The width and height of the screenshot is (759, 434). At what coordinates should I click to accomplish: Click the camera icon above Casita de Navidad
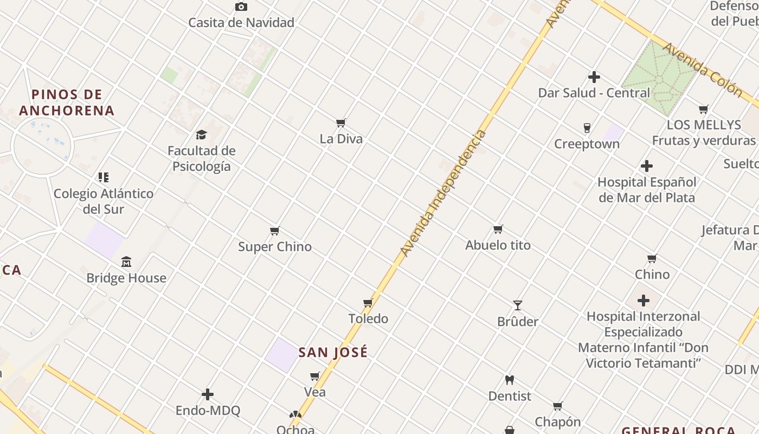click(x=241, y=7)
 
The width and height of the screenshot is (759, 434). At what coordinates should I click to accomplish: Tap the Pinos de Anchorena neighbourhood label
click(x=67, y=103)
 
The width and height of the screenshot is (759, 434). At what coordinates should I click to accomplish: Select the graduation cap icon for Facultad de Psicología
click(x=201, y=135)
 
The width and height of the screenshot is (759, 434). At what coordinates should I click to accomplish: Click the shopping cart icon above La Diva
click(x=341, y=123)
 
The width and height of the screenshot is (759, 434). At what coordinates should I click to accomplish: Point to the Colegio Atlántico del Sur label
click(x=104, y=201)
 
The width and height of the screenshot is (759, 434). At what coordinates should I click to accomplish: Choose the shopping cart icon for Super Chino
click(x=275, y=231)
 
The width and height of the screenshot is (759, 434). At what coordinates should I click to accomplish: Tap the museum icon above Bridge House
click(x=126, y=262)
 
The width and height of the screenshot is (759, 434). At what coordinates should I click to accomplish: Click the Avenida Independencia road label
click(x=443, y=193)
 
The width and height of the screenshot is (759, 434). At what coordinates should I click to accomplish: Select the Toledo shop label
click(x=368, y=318)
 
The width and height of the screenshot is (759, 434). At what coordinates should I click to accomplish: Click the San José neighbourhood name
click(x=333, y=352)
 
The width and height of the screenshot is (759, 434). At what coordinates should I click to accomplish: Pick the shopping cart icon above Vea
click(x=315, y=376)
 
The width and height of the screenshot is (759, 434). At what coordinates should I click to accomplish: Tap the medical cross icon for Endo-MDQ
click(x=208, y=394)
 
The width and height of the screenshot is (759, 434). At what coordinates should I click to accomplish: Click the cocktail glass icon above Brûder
click(x=518, y=305)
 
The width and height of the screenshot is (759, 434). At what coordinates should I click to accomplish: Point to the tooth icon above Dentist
click(x=510, y=380)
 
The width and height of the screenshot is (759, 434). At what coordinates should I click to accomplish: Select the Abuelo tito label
click(x=498, y=245)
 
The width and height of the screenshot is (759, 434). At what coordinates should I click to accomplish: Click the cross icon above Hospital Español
click(x=647, y=166)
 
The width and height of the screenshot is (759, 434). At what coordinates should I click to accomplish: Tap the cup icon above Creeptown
click(x=587, y=128)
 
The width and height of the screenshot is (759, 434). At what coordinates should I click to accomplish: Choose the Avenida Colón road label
click(x=702, y=70)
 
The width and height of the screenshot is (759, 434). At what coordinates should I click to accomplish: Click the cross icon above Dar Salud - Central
click(x=594, y=77)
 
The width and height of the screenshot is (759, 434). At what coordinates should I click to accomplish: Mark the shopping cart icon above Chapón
click(x=557, y=406)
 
